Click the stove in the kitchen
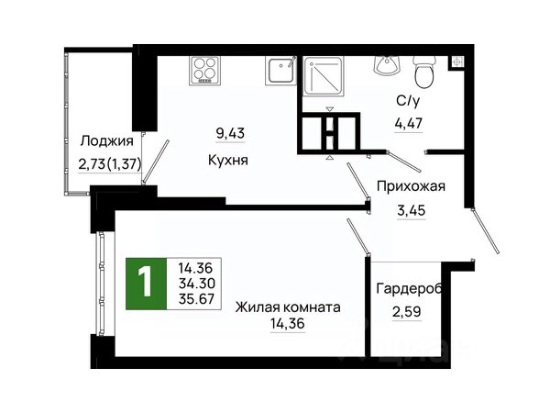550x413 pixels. (204, 71)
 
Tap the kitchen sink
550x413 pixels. (281, 71)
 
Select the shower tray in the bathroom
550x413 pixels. (324, 76)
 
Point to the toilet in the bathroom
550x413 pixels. (423, 72)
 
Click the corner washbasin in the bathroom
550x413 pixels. (387, 65)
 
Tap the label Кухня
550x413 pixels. (228, 160)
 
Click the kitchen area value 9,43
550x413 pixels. (230, 133)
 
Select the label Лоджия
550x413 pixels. (107, 140)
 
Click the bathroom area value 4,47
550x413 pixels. (409, 124)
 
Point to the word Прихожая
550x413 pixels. (411, 186)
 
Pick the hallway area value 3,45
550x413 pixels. (411, 210)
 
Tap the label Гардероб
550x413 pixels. (409, 289)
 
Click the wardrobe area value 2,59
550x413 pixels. (406, 311)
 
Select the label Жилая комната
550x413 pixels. (288, 307)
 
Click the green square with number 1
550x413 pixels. (146, 284)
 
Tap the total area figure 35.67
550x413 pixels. (196, 299)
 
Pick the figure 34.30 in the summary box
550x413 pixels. (196, 283)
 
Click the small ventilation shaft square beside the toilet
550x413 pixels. (456, 61)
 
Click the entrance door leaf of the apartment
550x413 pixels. (485, 230)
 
